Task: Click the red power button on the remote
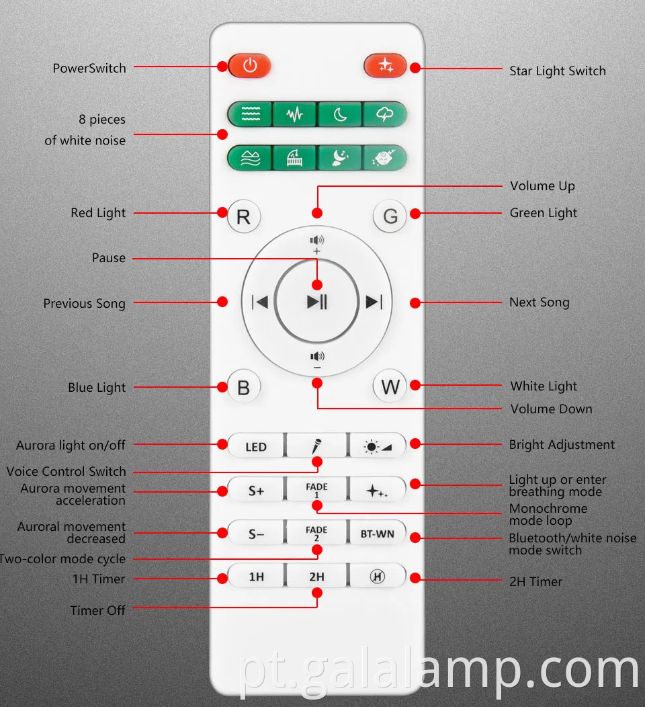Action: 249,66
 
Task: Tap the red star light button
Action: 386,66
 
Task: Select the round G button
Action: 390,216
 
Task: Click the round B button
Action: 243,387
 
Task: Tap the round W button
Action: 390,387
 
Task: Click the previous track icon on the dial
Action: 259,302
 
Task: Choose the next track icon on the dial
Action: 374,302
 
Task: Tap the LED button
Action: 256,446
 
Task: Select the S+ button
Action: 256,490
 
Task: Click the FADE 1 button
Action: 317,490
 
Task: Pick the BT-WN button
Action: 378,534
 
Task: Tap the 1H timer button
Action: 256,577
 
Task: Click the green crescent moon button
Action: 340,114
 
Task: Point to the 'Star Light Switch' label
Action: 558,71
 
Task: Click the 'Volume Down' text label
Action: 551,409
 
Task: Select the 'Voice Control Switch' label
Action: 67,471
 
